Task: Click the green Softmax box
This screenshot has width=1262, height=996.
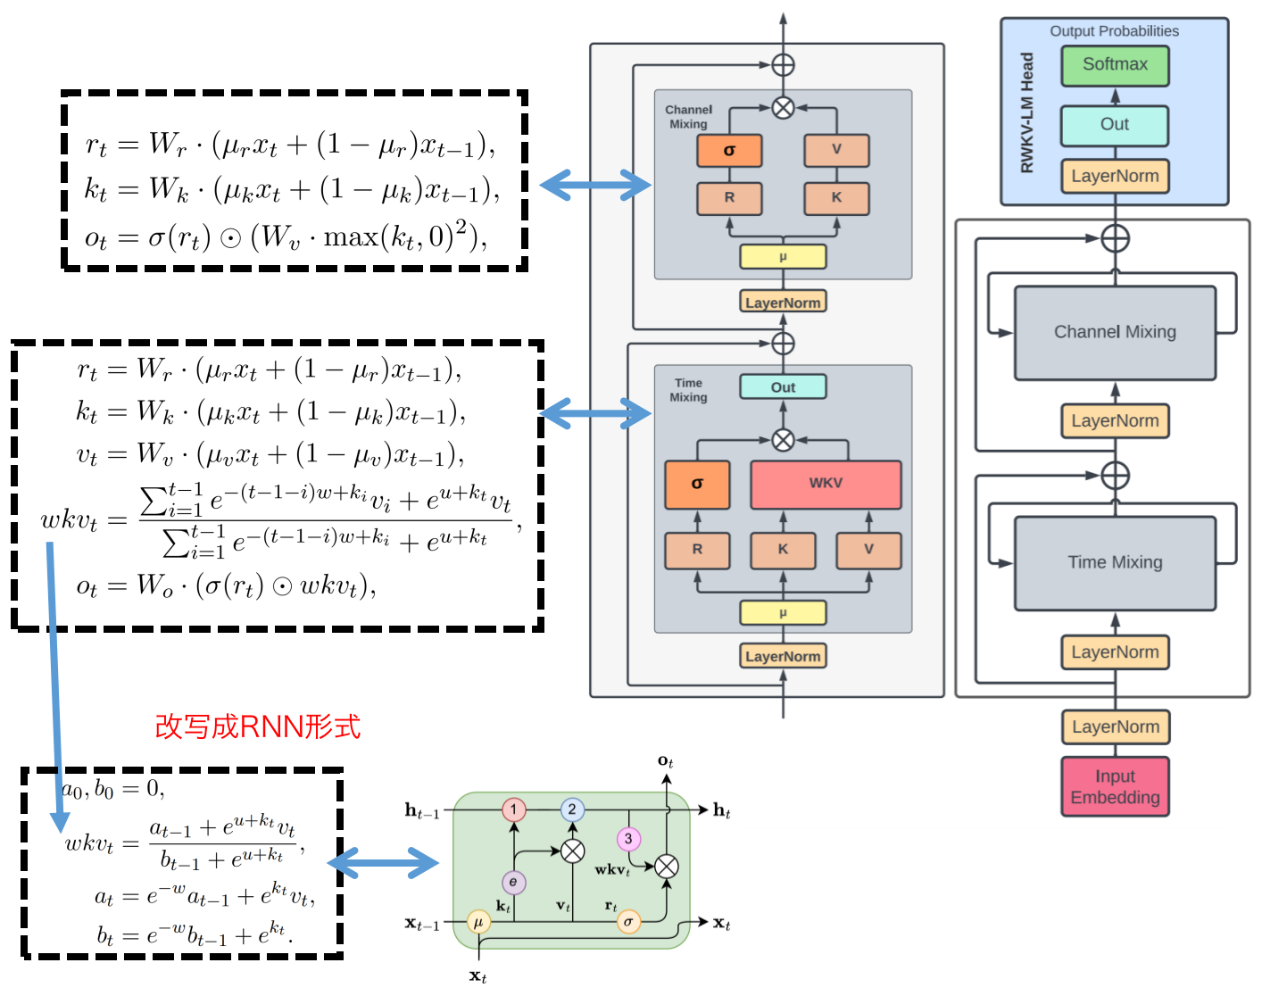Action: (1115, 65)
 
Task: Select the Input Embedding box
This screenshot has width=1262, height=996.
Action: (1115, 786)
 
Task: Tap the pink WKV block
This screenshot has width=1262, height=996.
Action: (826, 484)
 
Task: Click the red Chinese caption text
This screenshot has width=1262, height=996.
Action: (257, 726)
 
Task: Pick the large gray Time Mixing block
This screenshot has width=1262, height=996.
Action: (1115, 563)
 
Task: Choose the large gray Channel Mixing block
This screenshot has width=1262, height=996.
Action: (1115, 332)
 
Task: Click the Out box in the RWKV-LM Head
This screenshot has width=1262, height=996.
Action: (1115, 125)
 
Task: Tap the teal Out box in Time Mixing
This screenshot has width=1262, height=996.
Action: (783, 387)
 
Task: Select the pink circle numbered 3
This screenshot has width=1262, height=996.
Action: (628, 839)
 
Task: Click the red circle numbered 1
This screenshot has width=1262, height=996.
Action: (513, 809)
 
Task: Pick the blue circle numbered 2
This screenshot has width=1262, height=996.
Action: (572, 809)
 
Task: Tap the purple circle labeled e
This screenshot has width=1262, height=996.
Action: (513, 883)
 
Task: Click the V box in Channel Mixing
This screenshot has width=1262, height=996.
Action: (836, 150)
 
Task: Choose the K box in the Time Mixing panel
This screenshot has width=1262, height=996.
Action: (783, 550)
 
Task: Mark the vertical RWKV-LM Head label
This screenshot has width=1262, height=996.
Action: (1027, 112)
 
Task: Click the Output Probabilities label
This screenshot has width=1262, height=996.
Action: (1114, 31)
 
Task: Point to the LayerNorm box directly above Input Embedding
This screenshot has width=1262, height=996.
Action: (1115, 727)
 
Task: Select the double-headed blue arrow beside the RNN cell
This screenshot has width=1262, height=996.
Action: (384, 863)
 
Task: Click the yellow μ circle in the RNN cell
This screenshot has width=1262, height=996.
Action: (478, 922)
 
